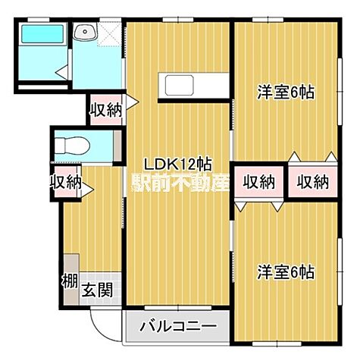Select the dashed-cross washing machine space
click(111, 33)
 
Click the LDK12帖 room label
click(179, 163)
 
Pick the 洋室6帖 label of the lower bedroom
click(285, 271)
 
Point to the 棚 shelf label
click(68, 281)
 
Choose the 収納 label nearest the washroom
click(105, 109)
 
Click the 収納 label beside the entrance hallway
click(67, 182)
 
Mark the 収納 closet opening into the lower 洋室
click(258, 181)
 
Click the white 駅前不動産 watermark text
click(182, 182)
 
